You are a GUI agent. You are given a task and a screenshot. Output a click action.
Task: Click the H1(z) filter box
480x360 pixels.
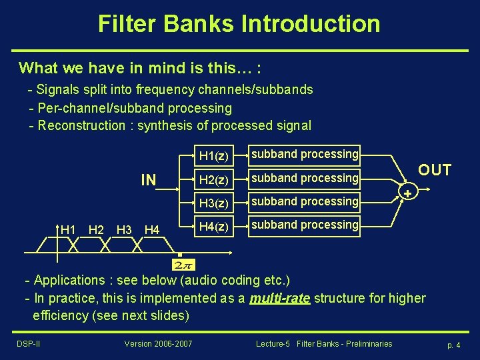[x=214, y=156]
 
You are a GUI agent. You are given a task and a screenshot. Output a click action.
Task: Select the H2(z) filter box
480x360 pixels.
[x=214, y=179]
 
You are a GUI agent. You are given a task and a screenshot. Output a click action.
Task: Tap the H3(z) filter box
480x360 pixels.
[x=214, y=203]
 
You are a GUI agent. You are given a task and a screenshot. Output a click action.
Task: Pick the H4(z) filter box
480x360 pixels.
[x=214, y=227]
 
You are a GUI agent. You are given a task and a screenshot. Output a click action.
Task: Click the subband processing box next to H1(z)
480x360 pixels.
[x=304, y=155]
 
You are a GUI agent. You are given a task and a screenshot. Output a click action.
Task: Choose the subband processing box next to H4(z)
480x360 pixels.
[x=304, y=225]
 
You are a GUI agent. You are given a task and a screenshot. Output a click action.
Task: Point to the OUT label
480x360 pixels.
[x=434, y=170]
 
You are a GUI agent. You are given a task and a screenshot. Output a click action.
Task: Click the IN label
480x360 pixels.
[x=148, y=180]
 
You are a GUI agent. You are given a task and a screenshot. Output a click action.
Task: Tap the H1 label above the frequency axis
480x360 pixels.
[x=68, y=230]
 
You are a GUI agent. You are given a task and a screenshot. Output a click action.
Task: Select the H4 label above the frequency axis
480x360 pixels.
[x=152, y=230]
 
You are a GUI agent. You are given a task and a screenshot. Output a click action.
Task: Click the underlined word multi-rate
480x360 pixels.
[x=279, y=298]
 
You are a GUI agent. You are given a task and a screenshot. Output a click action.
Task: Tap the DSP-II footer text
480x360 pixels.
[x=27, y=344]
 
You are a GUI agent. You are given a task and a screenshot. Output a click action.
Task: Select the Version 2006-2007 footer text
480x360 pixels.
[x=158, y=344]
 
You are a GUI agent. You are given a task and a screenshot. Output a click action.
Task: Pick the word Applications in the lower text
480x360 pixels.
[x=69, y=280]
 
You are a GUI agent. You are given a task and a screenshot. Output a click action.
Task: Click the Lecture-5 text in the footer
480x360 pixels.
[x=273, y=344]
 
